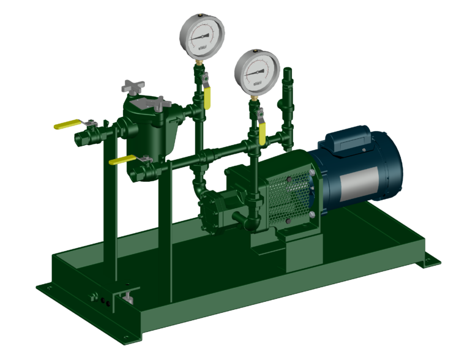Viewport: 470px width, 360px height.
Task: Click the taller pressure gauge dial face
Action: pos(202,35)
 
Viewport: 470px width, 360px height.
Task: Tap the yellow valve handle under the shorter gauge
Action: pos(263,135)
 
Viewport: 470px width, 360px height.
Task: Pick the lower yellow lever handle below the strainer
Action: pos(121,160)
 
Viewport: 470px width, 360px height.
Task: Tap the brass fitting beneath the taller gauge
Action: pos(200,62)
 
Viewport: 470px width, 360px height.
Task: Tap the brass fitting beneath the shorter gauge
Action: pos(253,98)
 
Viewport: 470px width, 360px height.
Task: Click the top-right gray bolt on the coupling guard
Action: pos(311,176)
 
